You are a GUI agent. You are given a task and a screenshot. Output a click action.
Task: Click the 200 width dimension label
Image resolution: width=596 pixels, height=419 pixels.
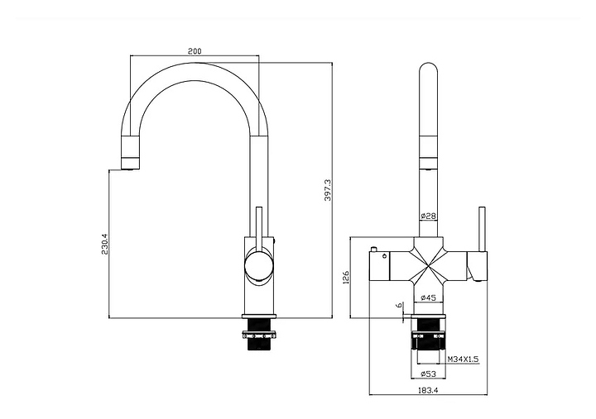194,51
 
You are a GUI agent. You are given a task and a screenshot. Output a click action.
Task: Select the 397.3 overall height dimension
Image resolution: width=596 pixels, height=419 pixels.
328,191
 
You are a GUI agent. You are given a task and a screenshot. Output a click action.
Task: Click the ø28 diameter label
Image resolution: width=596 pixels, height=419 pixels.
428,217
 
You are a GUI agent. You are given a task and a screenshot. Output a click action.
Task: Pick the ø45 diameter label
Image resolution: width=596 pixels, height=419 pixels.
428,297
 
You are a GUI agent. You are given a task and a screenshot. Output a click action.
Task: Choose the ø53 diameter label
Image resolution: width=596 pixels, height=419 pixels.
428,373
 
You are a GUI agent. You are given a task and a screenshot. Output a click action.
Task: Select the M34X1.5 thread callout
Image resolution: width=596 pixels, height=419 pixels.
464,359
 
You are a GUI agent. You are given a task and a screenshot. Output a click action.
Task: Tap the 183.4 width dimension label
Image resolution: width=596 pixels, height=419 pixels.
428,391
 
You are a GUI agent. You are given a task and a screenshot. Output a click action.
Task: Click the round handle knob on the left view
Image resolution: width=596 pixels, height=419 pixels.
257,266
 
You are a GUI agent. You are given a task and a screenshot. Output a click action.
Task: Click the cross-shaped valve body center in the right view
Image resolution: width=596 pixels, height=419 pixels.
428,263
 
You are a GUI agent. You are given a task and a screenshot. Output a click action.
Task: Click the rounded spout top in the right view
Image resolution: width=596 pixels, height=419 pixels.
428,69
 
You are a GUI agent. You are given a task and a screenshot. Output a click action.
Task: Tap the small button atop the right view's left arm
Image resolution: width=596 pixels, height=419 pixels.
374,248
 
